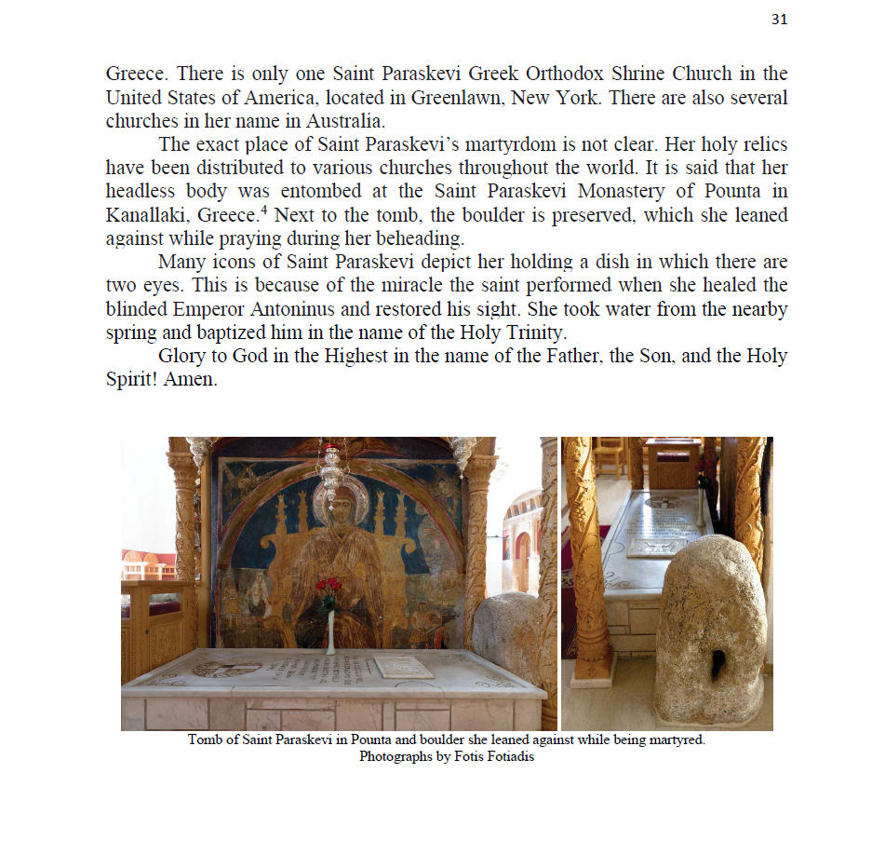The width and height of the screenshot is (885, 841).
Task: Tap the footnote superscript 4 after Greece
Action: coord(239,210)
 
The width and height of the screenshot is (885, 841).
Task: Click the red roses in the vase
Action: coord(329,588)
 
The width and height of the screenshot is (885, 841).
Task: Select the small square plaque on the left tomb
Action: coord(402,667)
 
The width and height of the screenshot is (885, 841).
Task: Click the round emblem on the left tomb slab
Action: coord(226,668)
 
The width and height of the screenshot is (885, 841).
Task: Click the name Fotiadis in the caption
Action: coord(509,756)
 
